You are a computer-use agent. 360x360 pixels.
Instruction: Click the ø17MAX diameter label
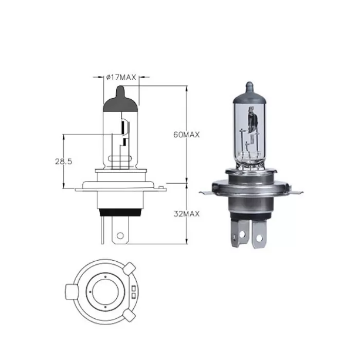tap(121, 78)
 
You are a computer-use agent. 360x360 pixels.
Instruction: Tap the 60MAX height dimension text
tap(187, 135)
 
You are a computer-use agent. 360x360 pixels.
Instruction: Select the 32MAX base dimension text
tap(187, 213)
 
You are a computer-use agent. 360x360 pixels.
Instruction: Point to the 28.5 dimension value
tap(63, 161)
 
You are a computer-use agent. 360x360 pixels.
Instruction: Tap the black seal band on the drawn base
tap(121, 212)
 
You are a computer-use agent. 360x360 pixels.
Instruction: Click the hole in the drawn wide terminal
tap(120, 236)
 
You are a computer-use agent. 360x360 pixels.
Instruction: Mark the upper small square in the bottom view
tap(134, 287)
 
